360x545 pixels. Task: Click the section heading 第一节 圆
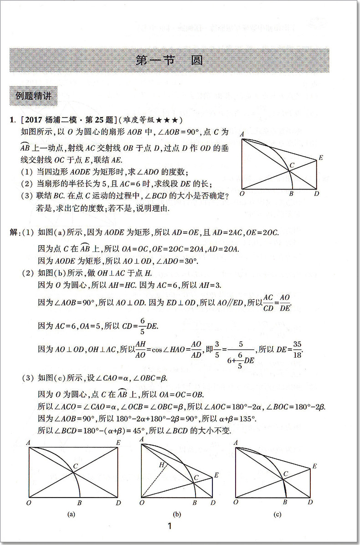pos(169,61)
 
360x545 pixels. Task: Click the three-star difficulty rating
pos(169,120)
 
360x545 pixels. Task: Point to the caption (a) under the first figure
pos(71,514)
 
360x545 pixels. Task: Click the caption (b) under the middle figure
pos(177,514)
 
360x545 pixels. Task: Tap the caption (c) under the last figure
pos(278,514)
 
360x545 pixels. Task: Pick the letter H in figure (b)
pos(161,465)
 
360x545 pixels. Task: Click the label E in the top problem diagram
pos(321,158)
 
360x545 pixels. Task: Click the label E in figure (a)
pos(118,442)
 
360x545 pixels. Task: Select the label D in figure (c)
pos(310,502)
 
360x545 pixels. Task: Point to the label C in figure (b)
pos(196,477)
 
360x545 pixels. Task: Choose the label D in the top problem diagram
pos(316,194)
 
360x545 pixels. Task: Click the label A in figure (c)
pos(236,442)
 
